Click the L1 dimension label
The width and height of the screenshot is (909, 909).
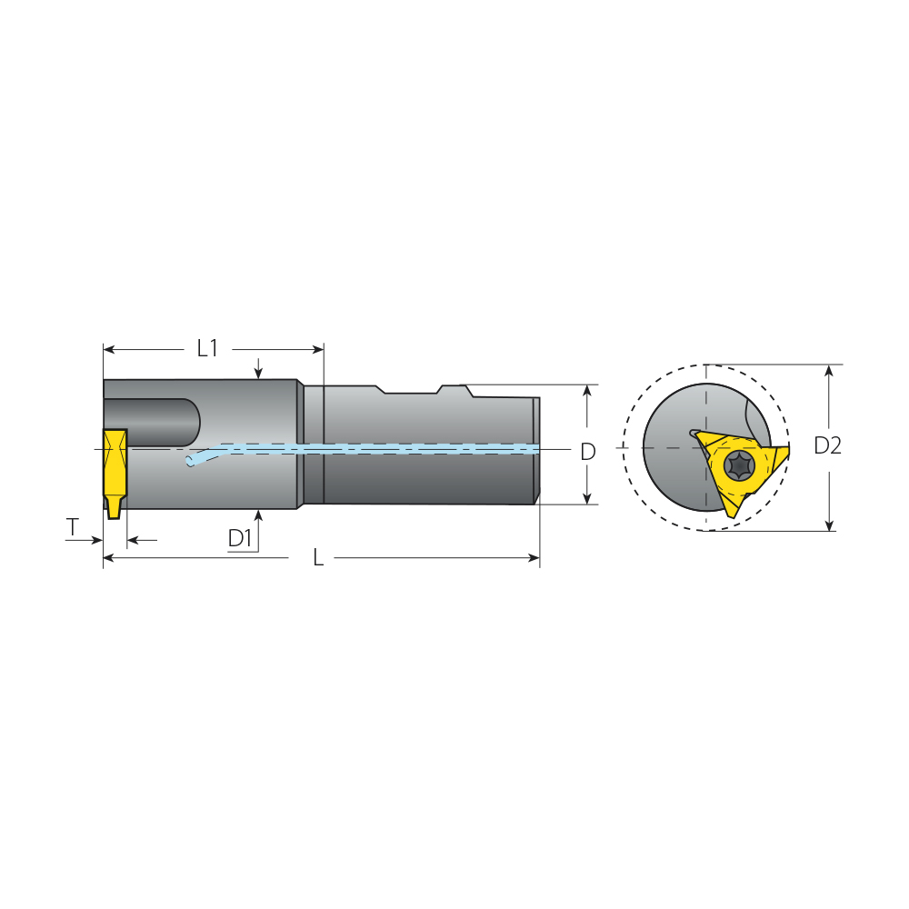(207, 348)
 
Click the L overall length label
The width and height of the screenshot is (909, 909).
(318, 558)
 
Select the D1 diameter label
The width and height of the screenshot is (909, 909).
(240, 538)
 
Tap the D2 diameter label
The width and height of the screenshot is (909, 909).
(828, 445)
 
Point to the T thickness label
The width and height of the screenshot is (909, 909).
(73, 527)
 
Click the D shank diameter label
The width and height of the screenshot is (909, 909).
(588, 452)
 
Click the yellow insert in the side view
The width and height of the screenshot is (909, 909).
(115, 474)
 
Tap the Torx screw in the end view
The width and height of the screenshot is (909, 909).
(740, 466)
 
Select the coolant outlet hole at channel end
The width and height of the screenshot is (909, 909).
(189, 462)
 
